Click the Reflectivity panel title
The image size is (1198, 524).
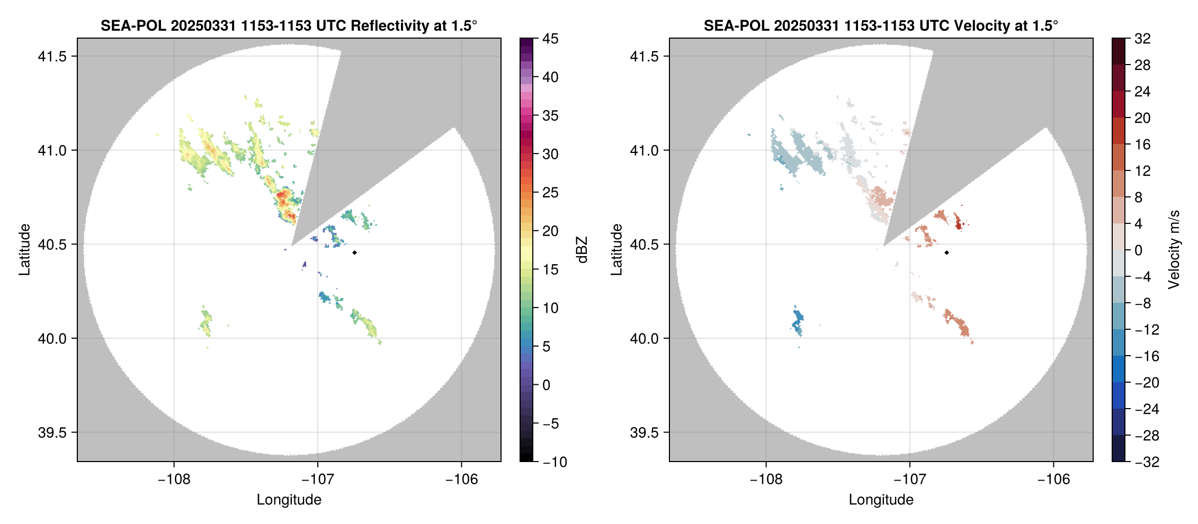coord(289,25)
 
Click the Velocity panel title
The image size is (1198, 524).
coord(881,25)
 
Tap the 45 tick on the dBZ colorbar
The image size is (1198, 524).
coord(550,39)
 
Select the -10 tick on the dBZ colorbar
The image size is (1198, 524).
coord(555,462)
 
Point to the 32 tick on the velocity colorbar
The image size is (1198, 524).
coord(1142,39)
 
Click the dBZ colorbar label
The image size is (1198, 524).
coord(582,250)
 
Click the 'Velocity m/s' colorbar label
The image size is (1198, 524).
coord(1174,250)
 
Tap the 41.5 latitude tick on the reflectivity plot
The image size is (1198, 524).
coord(52,57)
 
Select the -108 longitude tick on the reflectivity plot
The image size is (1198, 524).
coord(174,479)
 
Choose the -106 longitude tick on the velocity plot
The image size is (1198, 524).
coord(1053,479)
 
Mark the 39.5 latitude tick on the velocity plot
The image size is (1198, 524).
coord(645,432)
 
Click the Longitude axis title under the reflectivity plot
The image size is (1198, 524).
coord(289,500)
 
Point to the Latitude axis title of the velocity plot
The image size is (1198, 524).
coord(616,250)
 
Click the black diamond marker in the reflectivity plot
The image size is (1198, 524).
coord(354,252)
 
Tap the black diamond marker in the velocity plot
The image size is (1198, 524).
coord(946,252)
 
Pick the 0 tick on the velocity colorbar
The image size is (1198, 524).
coord(1138,250)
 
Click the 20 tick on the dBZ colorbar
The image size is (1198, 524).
coord(550,231)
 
